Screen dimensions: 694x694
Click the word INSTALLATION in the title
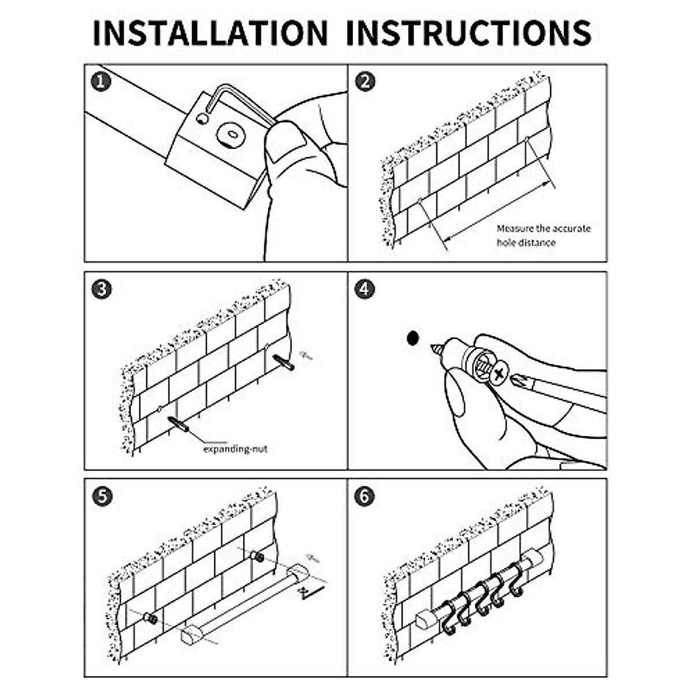210,33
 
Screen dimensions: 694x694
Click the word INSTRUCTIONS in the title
468,33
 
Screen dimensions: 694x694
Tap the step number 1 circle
101,82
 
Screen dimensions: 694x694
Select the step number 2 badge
365,82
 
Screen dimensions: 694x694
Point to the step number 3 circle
102,290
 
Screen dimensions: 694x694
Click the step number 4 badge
364,290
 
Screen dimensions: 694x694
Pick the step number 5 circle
102,497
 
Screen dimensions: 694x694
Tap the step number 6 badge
364,497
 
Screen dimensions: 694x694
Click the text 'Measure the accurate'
544,229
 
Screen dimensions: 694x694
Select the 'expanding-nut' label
235,449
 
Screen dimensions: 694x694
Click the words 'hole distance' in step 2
526,243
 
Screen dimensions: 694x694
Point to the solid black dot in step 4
413,338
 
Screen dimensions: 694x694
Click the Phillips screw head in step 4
500,375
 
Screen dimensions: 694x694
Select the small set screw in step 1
202,119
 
